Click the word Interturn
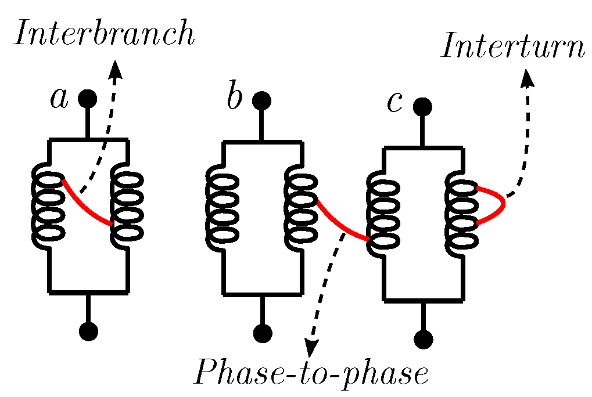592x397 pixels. click(512, 47)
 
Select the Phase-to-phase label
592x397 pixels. click(311, 374)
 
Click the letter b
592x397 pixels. click(234, 98)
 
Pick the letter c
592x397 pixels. click(394, 103)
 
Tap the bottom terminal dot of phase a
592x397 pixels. click(88, 331)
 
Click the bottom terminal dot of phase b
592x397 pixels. click(263, 333)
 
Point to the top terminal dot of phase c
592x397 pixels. click(422, 107)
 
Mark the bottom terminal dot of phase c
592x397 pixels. click(423, 339)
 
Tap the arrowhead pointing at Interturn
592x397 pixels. click(528, 78)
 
